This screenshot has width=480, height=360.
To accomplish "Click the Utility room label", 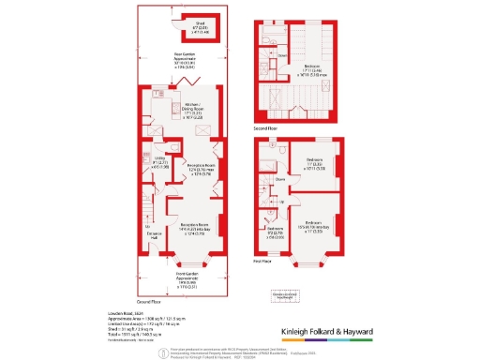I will point(159,162).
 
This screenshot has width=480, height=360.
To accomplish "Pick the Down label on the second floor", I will point(281,54).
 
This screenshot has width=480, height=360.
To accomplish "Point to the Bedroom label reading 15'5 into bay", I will point(316,224).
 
